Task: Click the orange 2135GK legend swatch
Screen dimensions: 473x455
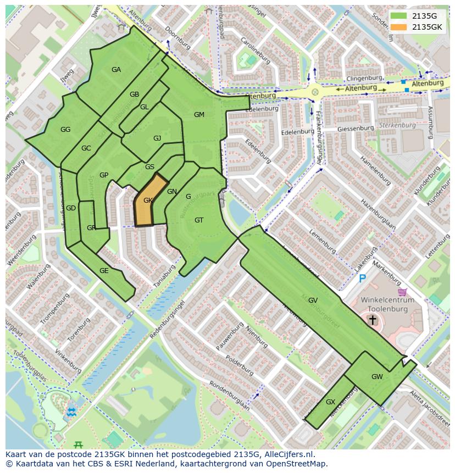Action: point(399,27)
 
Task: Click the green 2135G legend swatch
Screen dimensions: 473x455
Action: point(399,16)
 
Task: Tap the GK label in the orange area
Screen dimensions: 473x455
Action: point(147,201)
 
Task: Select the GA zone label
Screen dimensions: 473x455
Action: point(116,70)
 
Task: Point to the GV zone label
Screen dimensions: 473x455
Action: point(313,301)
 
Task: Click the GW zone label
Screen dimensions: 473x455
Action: point(377,377)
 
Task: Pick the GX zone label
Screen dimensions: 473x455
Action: point(330,402)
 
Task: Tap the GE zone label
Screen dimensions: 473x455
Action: point(104,271)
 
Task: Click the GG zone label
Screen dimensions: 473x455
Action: point(65,130)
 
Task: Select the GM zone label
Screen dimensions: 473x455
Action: point(199,115)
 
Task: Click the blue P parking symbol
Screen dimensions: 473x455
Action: point(362,279)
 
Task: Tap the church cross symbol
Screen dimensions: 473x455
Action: point(373,320)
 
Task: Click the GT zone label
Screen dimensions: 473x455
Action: point(199,220)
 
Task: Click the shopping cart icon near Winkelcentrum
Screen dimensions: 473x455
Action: point(402,292)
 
